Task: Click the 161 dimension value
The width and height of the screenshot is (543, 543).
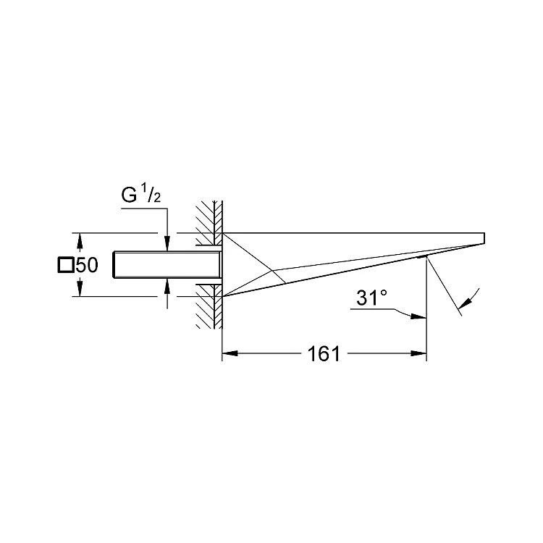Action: (x=324, y=353)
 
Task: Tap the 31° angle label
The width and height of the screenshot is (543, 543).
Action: (x=371, y=298)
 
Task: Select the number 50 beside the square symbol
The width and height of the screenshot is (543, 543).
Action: (x=87, y=265)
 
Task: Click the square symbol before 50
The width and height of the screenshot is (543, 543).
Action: (x=66, y=265)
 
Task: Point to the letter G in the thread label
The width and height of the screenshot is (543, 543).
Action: (x=129, y=195)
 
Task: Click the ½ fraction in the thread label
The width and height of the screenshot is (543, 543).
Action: (x=152, y=194)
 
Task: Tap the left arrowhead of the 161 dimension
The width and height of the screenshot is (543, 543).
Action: (x=230, y=353)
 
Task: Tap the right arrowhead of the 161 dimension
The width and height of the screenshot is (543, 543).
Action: (x=418, y=353)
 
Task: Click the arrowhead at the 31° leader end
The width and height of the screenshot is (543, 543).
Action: (x=418, y=316)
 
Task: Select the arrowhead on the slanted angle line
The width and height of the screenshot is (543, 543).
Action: (x=464, y=303)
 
